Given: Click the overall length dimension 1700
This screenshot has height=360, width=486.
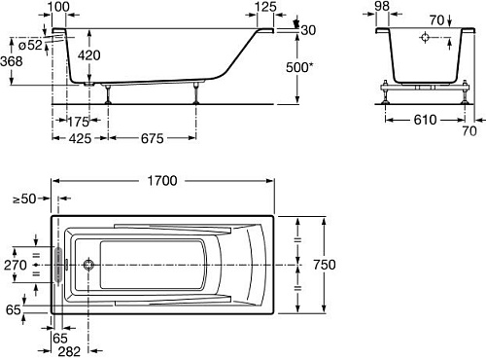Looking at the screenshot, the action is (162, 181).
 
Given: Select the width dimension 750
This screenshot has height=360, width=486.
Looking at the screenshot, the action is (325, 265).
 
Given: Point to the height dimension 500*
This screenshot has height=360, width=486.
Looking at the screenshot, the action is (299, 67).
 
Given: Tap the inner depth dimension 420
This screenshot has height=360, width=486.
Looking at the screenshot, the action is (89, 55).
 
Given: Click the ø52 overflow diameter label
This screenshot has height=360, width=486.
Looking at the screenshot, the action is (30, 45).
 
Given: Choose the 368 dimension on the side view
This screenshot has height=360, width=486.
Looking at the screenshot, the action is (12, 61).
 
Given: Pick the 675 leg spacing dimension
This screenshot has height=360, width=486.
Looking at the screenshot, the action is (153, 139).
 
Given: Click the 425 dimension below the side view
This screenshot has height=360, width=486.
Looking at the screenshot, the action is (80, 139).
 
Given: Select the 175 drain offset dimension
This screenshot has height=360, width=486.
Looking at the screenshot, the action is (78, 122).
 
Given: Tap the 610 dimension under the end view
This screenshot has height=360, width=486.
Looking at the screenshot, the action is (425, 120).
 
